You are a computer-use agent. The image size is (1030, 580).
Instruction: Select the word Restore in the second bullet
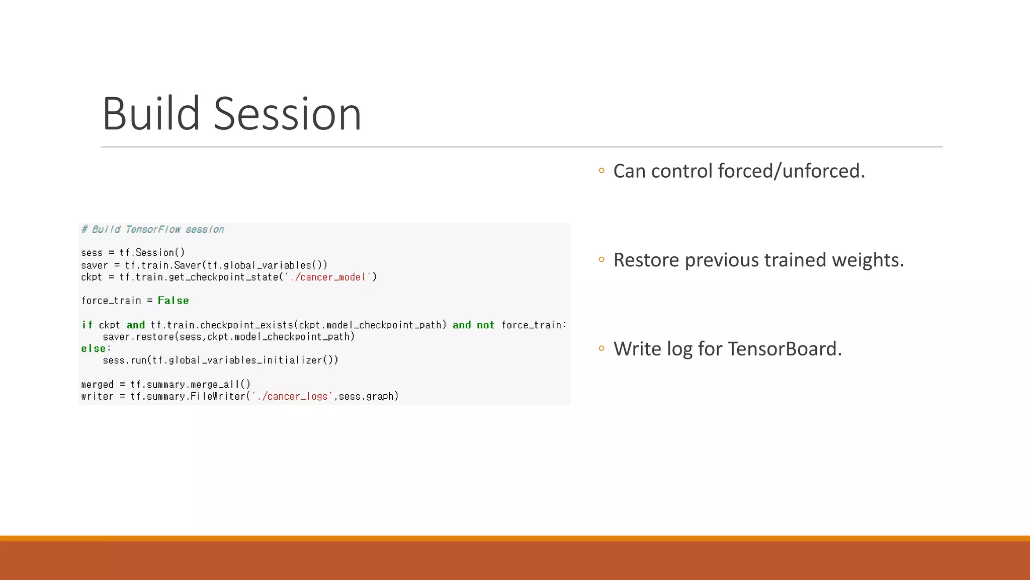(646, 260)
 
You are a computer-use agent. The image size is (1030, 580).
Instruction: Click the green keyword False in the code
(173, 301)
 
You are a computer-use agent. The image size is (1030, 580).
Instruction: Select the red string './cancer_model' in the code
(330, 277)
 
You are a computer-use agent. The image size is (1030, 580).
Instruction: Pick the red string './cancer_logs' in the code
(292, 396)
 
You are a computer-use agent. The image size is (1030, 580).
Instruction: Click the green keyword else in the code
(94, 348)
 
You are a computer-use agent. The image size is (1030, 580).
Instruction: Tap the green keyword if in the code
(87, 325)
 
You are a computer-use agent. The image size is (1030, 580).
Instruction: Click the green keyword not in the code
(485, 325)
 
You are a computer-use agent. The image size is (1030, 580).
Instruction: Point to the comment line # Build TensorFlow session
(153, 230)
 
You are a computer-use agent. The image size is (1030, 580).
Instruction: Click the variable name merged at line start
(98, 385)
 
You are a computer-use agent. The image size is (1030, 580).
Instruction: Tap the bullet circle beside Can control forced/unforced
(602, 171)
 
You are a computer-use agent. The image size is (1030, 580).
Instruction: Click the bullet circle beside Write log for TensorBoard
(602, 348)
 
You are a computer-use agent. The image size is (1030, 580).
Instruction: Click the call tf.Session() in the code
(152, 253)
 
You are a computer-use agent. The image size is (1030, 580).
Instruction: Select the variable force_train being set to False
(111, 301)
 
